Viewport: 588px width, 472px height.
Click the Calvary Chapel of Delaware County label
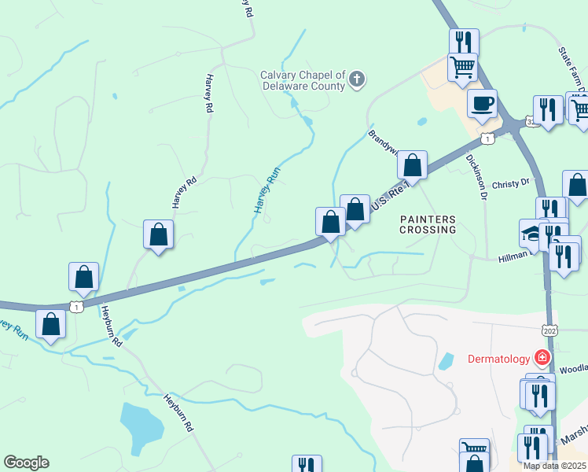[303, 80]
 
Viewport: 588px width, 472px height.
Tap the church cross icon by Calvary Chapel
[357, 79]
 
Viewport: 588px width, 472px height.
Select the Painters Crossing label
[428, 224]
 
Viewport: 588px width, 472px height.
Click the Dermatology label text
[498, 359]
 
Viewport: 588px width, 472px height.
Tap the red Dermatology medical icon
[542, 358]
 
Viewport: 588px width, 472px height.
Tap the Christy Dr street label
[511, 184]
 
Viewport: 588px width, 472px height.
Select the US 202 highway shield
[550, 330]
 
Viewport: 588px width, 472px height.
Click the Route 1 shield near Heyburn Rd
[75, 307]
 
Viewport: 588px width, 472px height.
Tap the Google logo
[26, 463]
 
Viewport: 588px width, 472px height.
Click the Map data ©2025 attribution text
[555, 466]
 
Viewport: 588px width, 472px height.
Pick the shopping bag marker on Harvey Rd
[159, 234]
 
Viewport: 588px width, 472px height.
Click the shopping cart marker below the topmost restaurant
[463, 66]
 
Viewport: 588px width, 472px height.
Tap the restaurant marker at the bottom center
[307, 465]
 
